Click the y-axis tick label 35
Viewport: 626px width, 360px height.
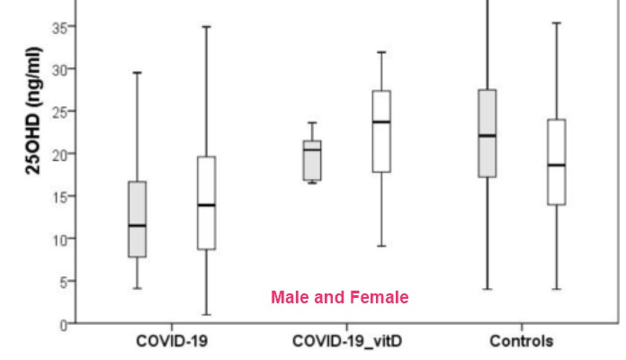click(x=58, y=27)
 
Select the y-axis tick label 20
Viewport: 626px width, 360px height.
click(x=58, y=154)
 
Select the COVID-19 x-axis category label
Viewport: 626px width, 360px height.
click(x=170, y=342)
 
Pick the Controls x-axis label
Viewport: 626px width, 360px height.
click(x=522, y=342)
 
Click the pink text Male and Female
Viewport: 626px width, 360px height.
click(x=340, y=297)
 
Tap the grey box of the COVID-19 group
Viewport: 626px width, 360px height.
click(x=138, y=219)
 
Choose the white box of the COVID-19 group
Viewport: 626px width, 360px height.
click(x=206, y=202)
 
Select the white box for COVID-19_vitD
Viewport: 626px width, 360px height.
click(x=380, y=130)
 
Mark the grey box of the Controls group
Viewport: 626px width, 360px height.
click(x=487, y=133)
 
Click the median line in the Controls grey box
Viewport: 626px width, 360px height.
click(x=487, y=136)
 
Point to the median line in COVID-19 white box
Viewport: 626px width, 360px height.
click(x=206, y=205)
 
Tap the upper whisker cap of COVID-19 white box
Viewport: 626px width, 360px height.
click(x=206, y=27)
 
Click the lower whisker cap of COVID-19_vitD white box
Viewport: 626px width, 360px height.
click(x=380, y=246)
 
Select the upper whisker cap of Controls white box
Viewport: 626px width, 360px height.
click(x=556, y=23)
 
